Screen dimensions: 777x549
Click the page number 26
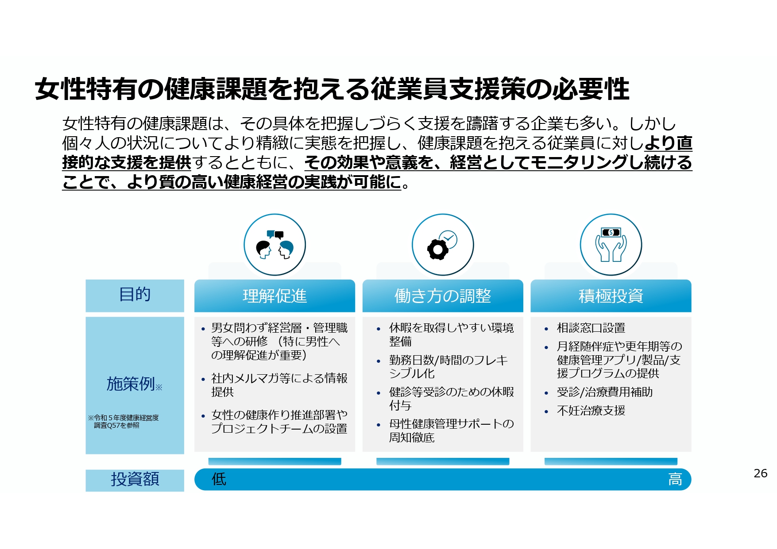(760, 473)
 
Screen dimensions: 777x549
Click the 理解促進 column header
(274, 296)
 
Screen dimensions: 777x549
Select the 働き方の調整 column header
(443, 296)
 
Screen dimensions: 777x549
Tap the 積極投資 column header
(611, 296)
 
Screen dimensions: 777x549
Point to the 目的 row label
(135, 295)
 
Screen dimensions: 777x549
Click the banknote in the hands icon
(611, 232)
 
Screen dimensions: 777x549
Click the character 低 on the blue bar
(219, 479)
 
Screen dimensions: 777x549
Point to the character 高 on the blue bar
(675, 479)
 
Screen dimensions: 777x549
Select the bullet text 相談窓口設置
(591, 328)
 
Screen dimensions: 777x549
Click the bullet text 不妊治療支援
(591, 411)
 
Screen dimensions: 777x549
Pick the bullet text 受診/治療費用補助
(604, 392)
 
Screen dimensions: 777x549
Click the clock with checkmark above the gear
(448, 239)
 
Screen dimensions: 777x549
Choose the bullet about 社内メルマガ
(279, 385)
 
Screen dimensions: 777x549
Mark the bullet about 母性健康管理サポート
(451, 430)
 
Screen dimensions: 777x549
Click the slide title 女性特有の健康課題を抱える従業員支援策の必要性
(332, 89)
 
